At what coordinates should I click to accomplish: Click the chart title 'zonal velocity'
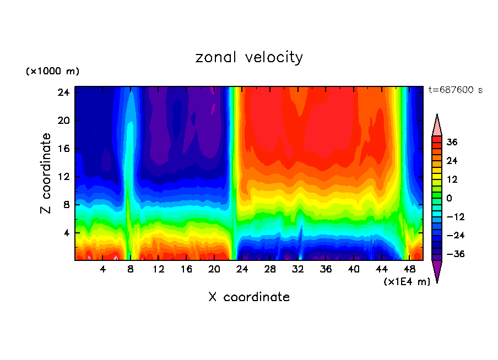(x=249, y=57)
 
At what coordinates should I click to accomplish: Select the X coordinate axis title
(x=249, y=297)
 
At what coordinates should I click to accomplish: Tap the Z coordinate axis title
(x=46, y=173)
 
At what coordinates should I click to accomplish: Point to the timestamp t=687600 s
(x=455, y=90)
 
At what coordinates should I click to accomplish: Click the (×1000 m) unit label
(x=52, y=72)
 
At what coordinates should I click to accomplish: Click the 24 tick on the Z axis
(x=63, y=92)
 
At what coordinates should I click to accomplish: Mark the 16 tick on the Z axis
(x=63, y=149)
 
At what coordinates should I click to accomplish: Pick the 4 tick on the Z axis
(x=66, y=233)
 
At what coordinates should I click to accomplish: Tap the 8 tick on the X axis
(x=131, y=269)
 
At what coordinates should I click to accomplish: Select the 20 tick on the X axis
(x=214, y=269)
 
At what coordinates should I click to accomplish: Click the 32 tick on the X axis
(x=298, y=269)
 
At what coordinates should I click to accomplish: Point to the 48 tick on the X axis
(x=409, y=269)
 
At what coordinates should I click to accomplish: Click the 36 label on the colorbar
(x=452, y=142)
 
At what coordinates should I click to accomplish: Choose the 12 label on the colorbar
(x=452, y=179)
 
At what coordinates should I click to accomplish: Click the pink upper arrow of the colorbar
(x=437, y=126)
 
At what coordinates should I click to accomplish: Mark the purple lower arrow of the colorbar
(x=437, y=271)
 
